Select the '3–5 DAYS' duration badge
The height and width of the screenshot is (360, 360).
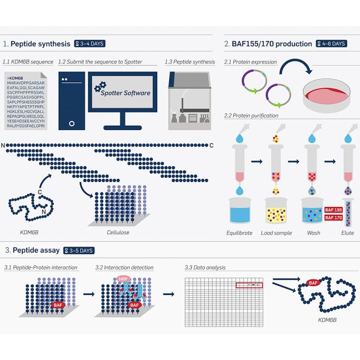79,250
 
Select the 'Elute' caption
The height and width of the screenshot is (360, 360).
348,233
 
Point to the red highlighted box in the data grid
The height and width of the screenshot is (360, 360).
249,285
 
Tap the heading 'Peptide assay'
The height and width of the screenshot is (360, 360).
35,250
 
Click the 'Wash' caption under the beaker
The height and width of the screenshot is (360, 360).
313,233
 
